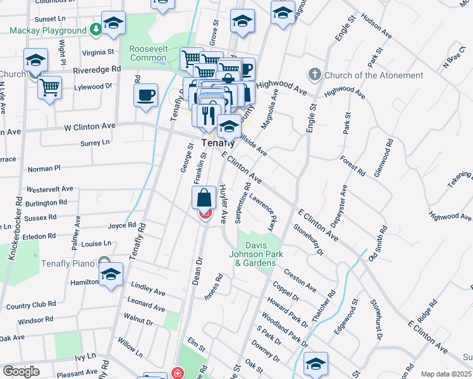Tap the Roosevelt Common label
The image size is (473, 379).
click(x=148, y=53)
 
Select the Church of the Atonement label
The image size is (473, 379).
click(x=373, y=75)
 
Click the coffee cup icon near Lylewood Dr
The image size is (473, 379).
click(x=146, y=95)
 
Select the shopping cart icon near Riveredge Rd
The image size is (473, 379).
click(x=49, y=87)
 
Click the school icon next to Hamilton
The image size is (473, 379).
click(x=111, y=275)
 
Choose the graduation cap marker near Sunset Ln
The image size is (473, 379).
click(x=114, y=23)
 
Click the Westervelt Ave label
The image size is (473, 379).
click(x=49, y=188)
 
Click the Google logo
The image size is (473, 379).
click(x=21, y=371)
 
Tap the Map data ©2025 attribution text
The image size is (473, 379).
click(x=446, y=375)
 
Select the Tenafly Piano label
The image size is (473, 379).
click(x=68, y=263)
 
